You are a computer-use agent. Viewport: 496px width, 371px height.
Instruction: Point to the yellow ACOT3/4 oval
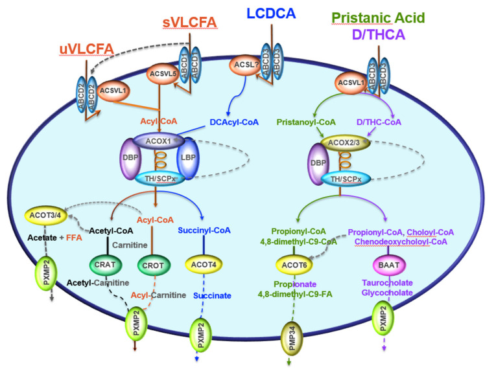[x=43, y=214]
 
